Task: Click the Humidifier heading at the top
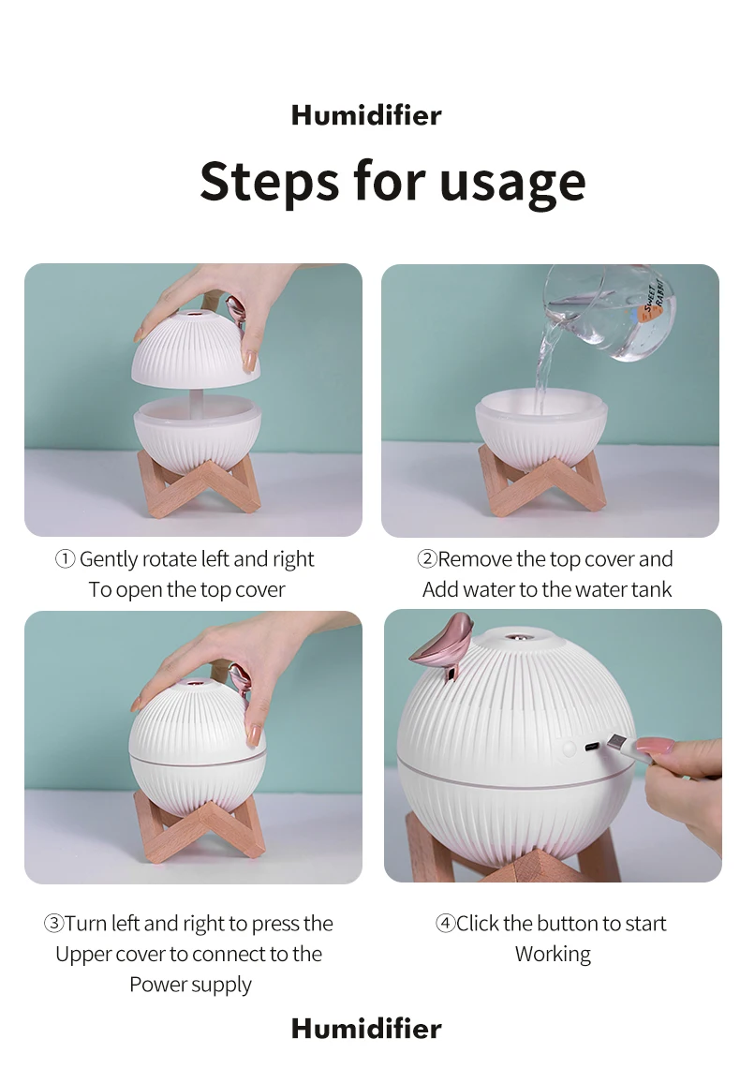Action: [366, 115]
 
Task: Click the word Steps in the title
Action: [268, 181]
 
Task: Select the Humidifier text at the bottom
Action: [366, 1029]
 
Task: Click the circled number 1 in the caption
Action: [65, 560]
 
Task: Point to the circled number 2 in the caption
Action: [427, 560]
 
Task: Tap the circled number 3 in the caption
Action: [53, 924]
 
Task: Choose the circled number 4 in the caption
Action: [446, 924]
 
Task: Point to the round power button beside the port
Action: [568, 749]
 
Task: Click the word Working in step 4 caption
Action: [553, 955]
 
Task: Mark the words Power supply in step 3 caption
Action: [191, 986]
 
